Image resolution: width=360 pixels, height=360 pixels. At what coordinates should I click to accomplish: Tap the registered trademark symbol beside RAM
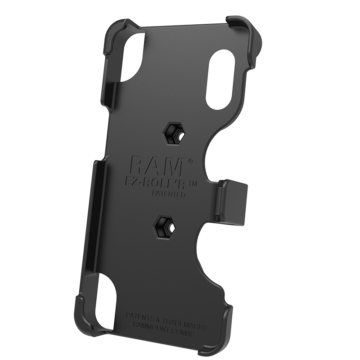click(x=190, y=161)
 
